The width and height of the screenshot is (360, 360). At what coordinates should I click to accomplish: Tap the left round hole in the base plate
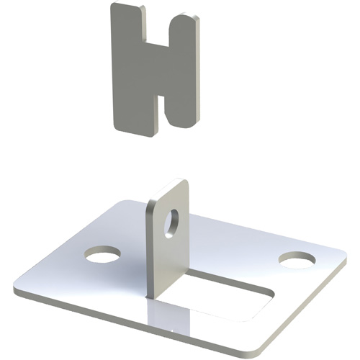click(x=102, y=253)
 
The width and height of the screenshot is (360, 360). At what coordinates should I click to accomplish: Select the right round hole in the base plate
click(x=297, y=259)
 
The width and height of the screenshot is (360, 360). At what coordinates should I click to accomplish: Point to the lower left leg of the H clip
click(x=133, y=108)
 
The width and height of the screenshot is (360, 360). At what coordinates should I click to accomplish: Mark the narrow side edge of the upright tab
click(x=152, y=252)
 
